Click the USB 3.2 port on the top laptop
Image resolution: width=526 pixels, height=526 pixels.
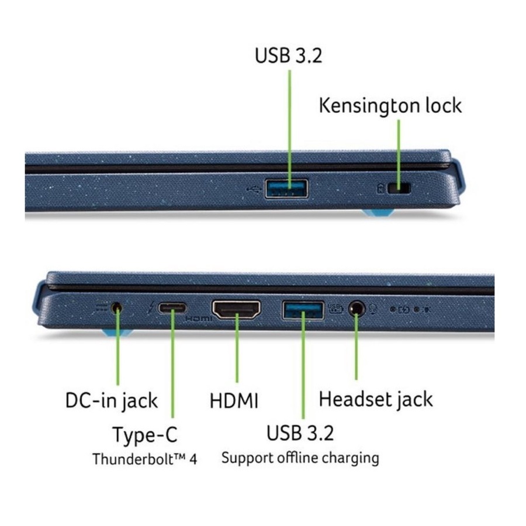click(x=287, y=189)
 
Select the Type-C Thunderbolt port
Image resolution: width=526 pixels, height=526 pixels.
click(x=173, y=308)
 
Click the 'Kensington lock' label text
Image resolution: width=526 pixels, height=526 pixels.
click(x=390, y=105)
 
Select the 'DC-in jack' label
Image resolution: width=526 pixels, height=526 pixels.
click(x=111, y=401)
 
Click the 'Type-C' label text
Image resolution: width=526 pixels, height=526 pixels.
click(x=144, y=435)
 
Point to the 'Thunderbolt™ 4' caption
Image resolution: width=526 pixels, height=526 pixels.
click(x=144, y=459)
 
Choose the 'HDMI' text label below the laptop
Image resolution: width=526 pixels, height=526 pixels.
click(x=234, y=401)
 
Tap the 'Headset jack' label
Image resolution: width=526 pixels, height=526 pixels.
click(x=375, y=399)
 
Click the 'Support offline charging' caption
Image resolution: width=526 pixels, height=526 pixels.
click(x=300, y=457)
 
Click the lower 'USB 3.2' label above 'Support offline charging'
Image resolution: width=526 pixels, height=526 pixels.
click(x=300, y=434)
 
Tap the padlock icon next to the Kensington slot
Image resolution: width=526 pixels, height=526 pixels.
click(x=380, y=189)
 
